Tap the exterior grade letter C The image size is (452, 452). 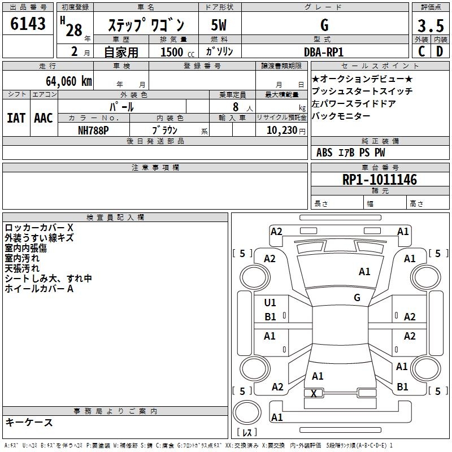click(x=421, y=51)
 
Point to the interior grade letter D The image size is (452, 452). click(x=440, y=51)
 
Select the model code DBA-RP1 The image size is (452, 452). click(x=324, y=51)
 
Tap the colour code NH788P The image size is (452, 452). click(x=93, y=130)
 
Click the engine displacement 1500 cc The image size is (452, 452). click(x=172, y=52)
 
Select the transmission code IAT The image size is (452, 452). click(x=16, y=118)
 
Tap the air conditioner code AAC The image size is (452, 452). click(x=44, y=118)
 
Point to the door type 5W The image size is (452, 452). click(x=219, y=25)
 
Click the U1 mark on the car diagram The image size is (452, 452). click(x=271, y=303)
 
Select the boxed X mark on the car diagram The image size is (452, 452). click(x=314, y=393)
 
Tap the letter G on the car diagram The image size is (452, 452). click(x=357, y=297)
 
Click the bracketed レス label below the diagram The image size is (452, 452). click(x=247, y=433)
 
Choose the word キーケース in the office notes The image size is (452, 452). click(x=29, y=423)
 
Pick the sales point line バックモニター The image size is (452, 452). click(x=341, y=116)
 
